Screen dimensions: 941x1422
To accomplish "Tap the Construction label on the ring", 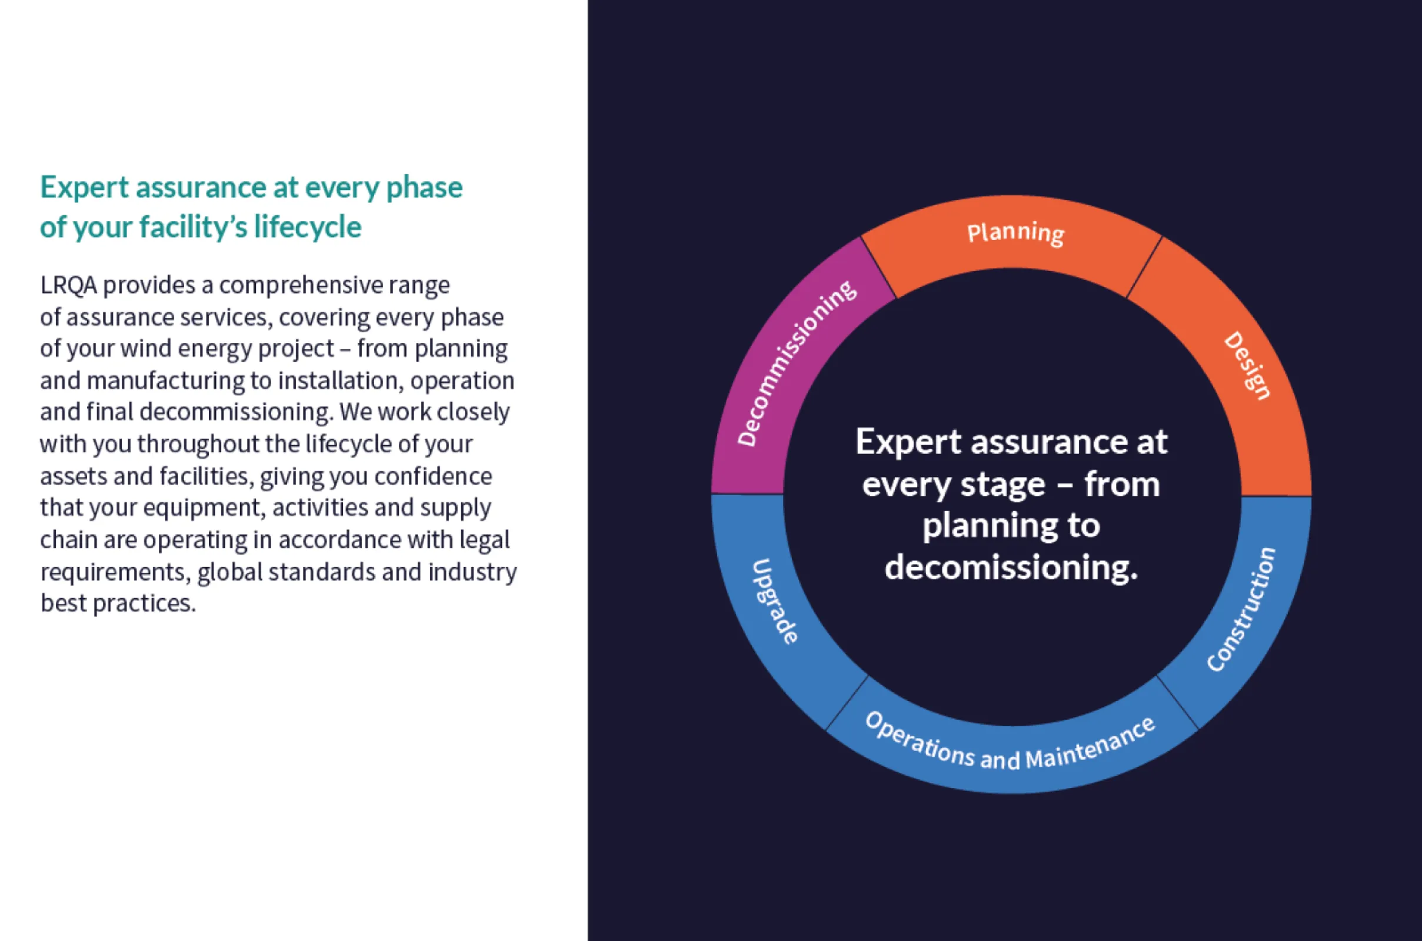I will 1241,609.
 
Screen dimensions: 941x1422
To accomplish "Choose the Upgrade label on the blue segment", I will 775,601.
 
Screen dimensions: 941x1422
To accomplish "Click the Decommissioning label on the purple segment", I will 797,363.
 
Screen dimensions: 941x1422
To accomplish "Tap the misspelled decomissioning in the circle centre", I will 1011,568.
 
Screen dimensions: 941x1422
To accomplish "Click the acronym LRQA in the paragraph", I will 68,285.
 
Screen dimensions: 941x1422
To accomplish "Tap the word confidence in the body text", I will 433,476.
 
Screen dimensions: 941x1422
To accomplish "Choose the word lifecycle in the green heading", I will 307,228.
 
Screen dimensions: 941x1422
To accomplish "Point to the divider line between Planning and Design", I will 1144,268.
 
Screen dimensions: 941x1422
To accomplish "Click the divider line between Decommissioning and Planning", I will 879,268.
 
